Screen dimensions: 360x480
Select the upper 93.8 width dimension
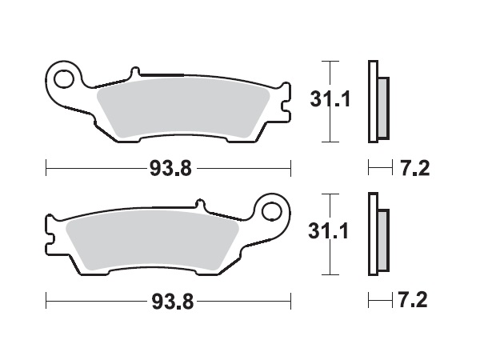point(169,169)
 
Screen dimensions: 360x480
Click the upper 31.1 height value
point(327,101)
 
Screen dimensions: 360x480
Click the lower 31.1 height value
point(327,234)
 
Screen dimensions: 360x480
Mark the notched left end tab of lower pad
point(50,235)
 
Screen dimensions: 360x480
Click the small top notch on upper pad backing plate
point(134,74)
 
